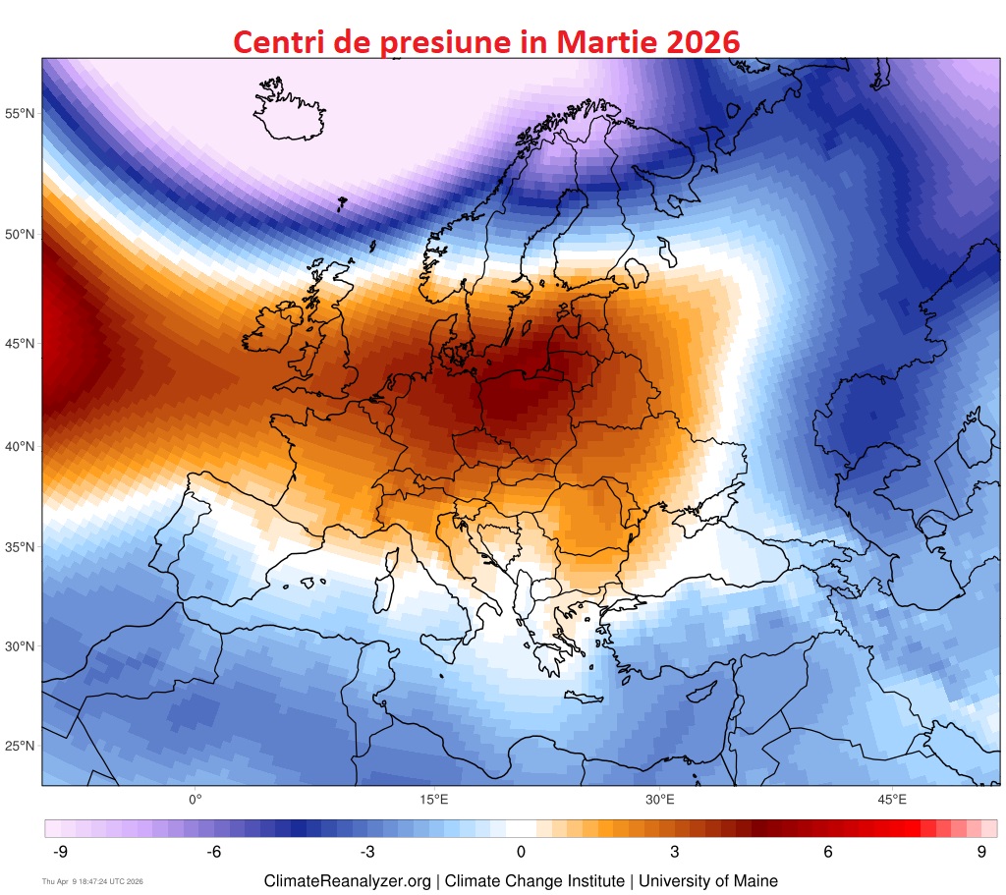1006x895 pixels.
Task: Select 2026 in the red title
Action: point(696,41)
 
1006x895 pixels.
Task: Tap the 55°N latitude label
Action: point(20,114)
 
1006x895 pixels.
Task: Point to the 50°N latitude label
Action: point(20,235)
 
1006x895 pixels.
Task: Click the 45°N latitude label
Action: point(20,344)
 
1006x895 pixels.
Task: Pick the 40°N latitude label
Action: point(20,447)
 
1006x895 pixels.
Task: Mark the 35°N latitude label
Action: point(20,547)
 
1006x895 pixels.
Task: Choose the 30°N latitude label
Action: point(20,646)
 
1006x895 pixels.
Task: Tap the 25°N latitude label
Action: point(20,746)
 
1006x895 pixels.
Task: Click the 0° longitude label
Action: point(195,800)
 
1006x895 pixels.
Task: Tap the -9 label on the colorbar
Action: point(59,852)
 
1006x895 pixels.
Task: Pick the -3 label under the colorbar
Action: point(367,852)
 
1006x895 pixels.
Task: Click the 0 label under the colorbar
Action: point(521,852)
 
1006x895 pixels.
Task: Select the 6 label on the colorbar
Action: point(828,852)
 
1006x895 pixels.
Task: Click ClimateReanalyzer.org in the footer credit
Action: point(347,881)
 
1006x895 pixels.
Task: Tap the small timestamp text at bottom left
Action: point(92,882)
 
